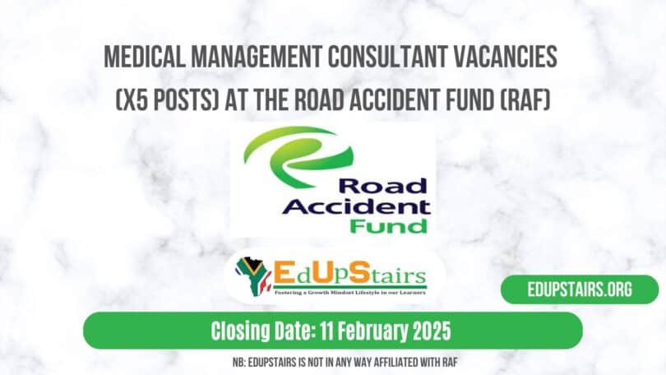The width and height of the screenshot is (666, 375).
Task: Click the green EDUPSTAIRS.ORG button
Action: tap(579, 290)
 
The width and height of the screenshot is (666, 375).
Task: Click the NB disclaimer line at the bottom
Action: tap(333, 362)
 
